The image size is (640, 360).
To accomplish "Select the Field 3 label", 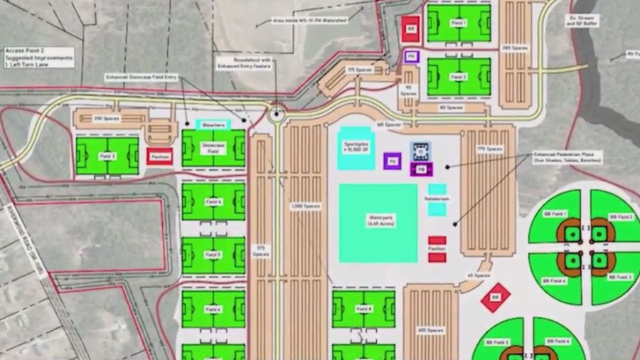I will (107, 155).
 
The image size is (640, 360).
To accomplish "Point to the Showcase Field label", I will (213, 147).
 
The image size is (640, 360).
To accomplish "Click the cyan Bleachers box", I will (213, 125).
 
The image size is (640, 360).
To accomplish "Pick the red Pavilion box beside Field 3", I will (159, 157).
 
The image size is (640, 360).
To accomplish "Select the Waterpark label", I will (377, 221).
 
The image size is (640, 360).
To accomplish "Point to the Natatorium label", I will (437, 198).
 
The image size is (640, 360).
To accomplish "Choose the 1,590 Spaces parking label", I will (297, 206).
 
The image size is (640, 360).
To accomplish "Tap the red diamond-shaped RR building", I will (496, 297).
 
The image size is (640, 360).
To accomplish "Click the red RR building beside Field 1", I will (410, 28).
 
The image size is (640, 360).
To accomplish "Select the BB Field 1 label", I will (559, 213).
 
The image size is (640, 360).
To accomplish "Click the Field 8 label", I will (363, 309).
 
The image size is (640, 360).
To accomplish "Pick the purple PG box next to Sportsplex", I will (392, 162).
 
